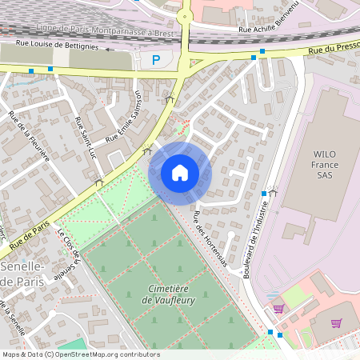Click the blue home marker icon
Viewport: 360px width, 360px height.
(179, 172)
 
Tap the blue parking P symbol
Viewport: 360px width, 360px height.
(156, 59)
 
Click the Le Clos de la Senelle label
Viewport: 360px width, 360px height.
(70, 254)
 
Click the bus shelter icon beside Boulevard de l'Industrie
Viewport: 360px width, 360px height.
(274, 192)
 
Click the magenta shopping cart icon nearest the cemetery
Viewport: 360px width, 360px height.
(278, 308)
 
